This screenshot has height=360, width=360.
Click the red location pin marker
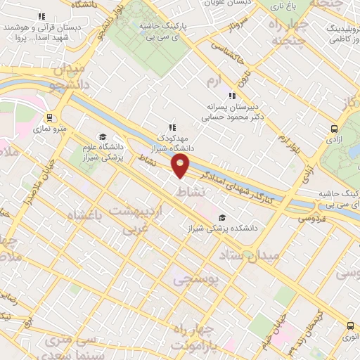pyautogui.click(x=181, y=166)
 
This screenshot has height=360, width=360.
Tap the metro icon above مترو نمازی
pyautogui.click(x=49, y=117)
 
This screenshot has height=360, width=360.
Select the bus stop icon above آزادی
pyautogui.click(x=334, y=129)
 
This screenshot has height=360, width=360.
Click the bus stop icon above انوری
pyautogui.click(x=350, y=325)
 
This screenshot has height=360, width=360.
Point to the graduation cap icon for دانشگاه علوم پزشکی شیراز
pyautogui.click(x=103, y=137)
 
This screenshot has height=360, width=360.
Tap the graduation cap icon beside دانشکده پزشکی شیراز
pyautogui.click(x=223, y=217)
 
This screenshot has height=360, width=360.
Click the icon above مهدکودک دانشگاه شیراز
pyautogui.click(x=172, y=127)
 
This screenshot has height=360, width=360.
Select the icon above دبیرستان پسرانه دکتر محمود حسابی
pyautogui.click(x=231, y=96)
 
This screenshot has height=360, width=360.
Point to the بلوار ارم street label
pyautogui.click(x=283, y=144)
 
